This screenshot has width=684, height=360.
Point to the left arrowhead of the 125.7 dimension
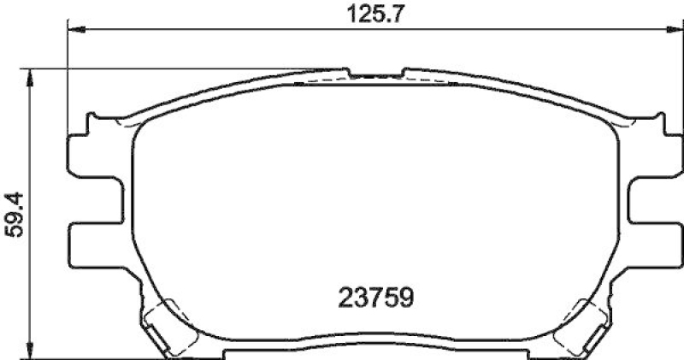point(74,30)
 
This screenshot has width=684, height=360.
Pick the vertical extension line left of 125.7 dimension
point(67,77)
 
